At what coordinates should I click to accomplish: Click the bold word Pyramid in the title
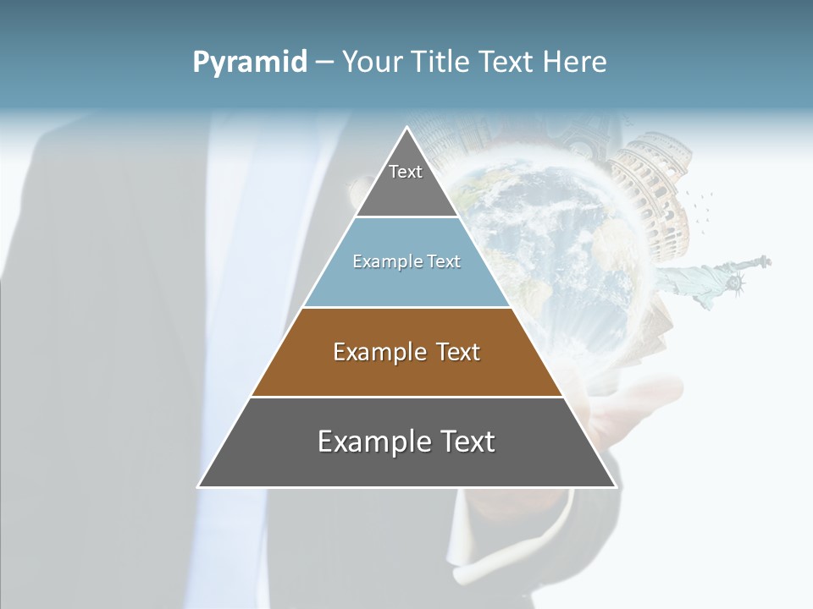point(250,63)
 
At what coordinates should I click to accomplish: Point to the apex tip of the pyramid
point(407,129)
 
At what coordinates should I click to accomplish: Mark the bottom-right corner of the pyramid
point(615,486)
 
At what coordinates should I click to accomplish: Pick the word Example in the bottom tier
point(373,442)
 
